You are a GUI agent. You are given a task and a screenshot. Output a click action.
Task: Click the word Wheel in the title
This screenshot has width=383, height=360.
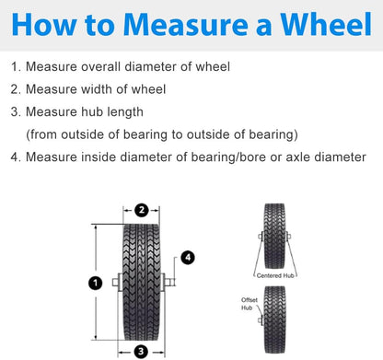pyautogui.click(x=326, y=25)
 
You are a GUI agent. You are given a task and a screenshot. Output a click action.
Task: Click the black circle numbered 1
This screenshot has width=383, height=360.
pyautogui.click(x=96, y=283)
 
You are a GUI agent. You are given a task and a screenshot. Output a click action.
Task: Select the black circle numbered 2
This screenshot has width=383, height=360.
pyautogui.click(x=142, y=210)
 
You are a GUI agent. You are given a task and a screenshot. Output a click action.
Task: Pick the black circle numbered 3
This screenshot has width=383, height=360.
pyautogui.click(x=141, y=352)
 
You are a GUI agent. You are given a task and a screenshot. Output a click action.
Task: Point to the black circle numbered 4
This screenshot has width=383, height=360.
pyautogui.click(x=188, y=258)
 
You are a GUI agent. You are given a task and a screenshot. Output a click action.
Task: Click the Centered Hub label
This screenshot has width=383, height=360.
pyautogui.click(x=275, y=275)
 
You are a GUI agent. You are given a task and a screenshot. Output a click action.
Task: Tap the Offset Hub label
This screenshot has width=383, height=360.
pyautogui.click(x=250, y=304)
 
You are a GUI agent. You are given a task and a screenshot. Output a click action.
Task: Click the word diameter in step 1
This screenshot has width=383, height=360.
pyautogui.click(x=150, y=66)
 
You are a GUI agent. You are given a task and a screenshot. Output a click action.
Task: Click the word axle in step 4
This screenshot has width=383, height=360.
pyautogui.click(x=297, y=157)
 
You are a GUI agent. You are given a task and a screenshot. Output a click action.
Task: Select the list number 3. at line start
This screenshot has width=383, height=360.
pyautogui.click(x=16, y=111)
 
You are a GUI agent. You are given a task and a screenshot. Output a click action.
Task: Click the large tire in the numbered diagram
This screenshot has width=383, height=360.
pyautogui.click(x=141, y=283)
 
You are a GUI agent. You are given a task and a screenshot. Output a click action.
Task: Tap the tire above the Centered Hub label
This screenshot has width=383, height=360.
pyautogui.click(x=274, y=236)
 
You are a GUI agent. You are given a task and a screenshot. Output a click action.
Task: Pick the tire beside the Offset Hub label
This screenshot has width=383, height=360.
pyautogui.click(x=274, y=319)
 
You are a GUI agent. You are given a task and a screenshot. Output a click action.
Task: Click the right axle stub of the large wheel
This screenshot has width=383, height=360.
pyautogui.click(x=169, y=282)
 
